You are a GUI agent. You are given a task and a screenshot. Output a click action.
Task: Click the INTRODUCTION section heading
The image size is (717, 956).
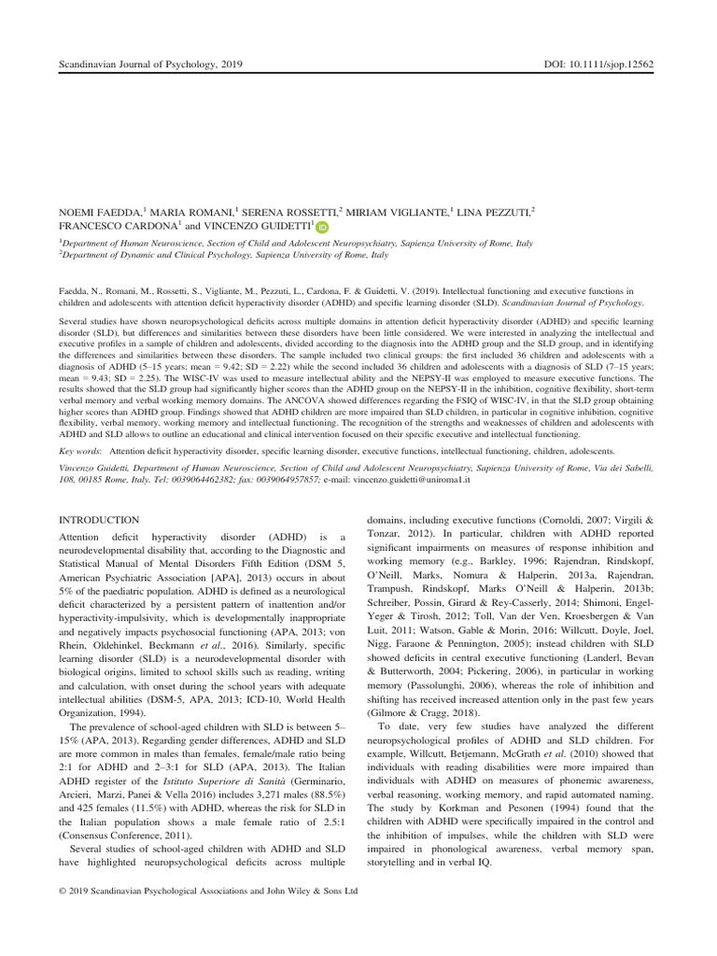[x=99, y=519]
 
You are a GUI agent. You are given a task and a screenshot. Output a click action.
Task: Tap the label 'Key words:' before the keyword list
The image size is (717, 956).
[x=81, y=450]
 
